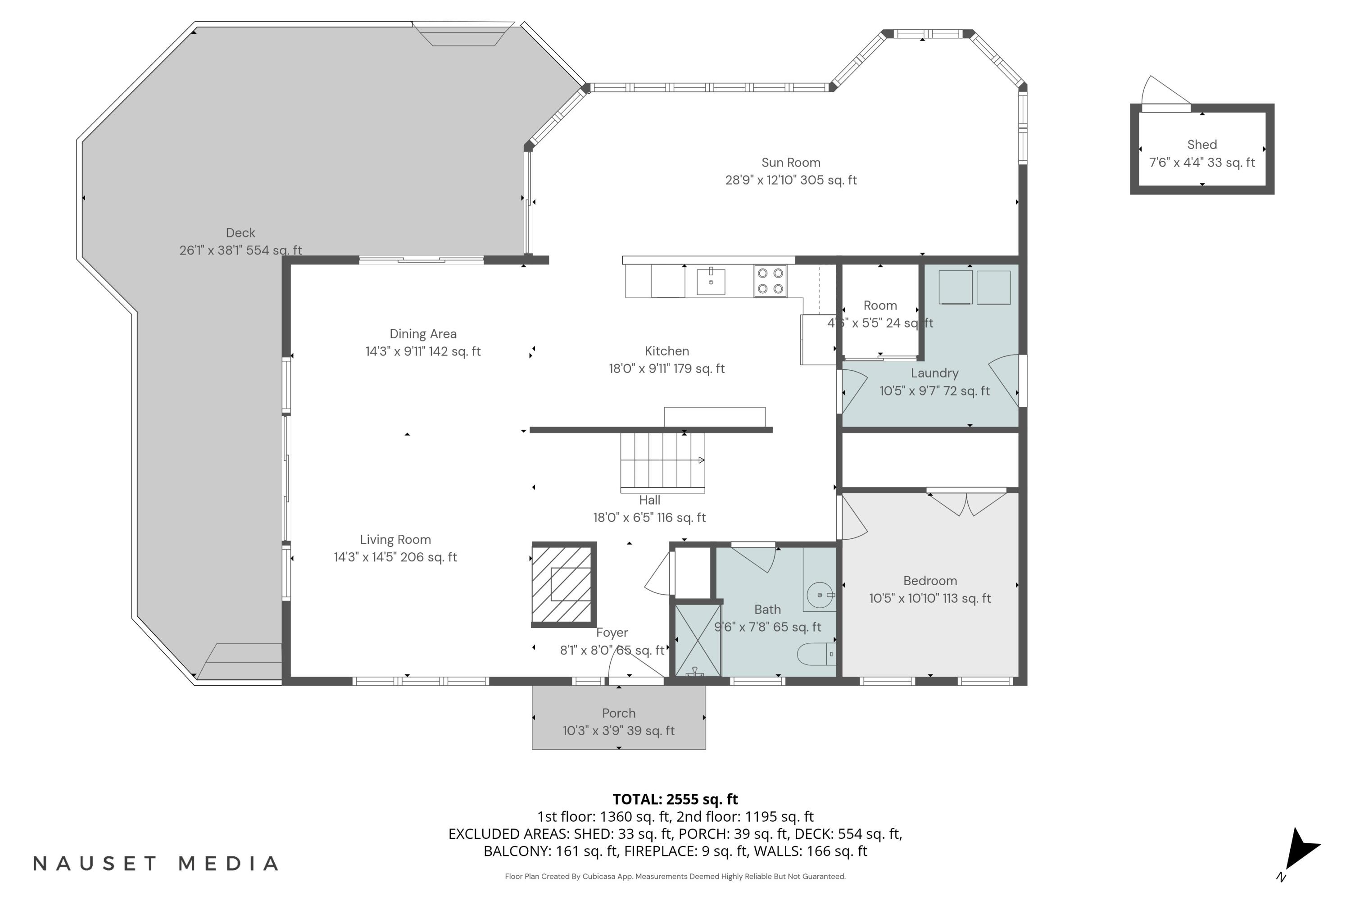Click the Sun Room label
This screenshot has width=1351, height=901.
point(790,163)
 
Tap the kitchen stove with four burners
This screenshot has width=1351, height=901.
point(770,281)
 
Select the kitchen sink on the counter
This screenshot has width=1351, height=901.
point(711,281)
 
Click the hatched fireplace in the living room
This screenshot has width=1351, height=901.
point(563,584)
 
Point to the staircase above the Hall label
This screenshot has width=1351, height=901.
point(662,461)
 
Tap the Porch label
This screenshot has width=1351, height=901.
point(619,713)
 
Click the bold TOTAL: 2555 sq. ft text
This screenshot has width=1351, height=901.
point(675,799)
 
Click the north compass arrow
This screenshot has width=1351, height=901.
point(1301,851)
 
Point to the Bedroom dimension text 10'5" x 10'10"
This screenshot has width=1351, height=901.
point(929,598)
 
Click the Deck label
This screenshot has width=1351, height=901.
point(240,233)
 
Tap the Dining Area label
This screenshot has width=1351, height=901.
point(423,334)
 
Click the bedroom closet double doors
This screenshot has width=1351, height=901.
point(967,503)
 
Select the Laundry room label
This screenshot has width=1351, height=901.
point(934,373)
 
